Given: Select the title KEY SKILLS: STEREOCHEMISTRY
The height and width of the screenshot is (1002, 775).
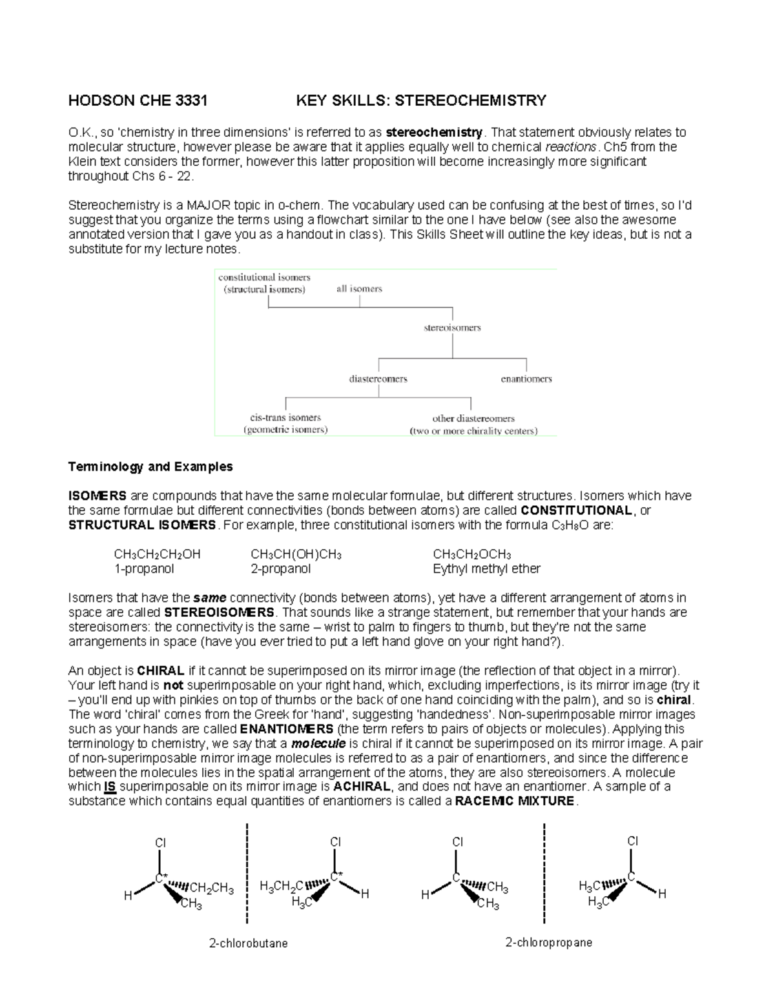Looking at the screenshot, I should coord(420,101).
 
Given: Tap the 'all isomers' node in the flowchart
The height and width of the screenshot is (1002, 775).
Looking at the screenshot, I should coord(359,289).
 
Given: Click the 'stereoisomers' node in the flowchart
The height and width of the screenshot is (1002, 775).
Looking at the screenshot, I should coord(452,328).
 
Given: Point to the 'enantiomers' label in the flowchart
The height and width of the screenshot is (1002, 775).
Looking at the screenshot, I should coord(526,379).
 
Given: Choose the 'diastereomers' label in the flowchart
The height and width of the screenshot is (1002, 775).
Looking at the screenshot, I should coord(378,379).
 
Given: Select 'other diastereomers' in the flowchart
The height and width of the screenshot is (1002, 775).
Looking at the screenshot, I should coord(473,419).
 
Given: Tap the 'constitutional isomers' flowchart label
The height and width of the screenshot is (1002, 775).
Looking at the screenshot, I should coord(264,277).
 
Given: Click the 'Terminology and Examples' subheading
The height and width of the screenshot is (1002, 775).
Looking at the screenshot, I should coord(150,466).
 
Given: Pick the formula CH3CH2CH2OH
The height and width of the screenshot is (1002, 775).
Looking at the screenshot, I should coord(157,554).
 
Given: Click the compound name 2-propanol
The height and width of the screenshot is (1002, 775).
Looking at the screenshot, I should coord(280,569).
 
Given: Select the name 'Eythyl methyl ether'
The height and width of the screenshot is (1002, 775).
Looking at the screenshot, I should coord(486,569).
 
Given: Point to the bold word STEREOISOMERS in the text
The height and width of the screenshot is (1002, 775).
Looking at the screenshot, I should coord(220,612).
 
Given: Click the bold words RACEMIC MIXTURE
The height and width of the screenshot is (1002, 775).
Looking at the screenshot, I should coord(514,801).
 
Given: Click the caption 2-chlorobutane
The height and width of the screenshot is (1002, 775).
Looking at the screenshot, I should coord(248,943).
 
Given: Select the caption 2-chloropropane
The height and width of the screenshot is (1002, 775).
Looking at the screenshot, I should coord(548,943).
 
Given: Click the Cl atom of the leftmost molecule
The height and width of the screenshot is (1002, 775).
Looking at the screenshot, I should coord(160,843).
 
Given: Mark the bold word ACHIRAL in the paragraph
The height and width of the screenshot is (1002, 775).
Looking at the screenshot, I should coord(362,787).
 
